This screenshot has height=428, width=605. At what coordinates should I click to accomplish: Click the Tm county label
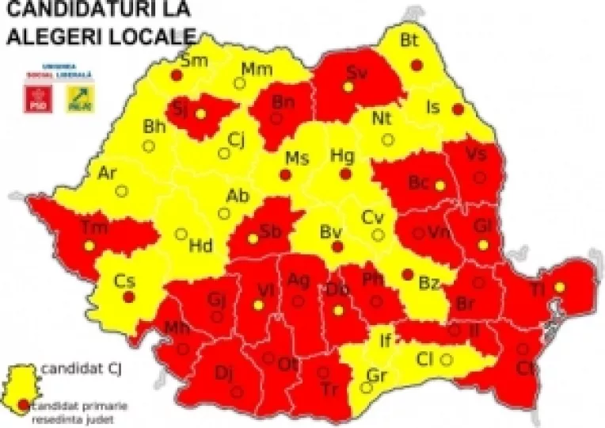pyautogui.click(x=94, y=227)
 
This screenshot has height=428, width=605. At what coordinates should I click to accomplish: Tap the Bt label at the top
pyautogui.click(x=409, y=40)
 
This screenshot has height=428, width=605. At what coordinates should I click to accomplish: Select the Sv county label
pyautogui.click(x=356, y=72)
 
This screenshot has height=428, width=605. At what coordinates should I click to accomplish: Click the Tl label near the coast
pyautogui.click(x=538, y=289)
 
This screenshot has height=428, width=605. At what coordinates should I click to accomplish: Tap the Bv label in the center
pyautogui.click(x=329, y=232)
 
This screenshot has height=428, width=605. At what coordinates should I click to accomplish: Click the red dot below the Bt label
pyautogui.click(x=417, y=65)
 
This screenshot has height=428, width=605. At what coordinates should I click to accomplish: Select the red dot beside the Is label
pyautogui.click(x=457, y=109)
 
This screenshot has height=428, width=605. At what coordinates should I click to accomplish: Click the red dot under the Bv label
pyautogui.click(x=337, y=247)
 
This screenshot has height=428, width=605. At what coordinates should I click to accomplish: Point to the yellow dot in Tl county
pyautogui.click(x=560, y=287)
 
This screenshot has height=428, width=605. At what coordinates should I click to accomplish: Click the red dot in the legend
pyautogui.click(x=25, y=404)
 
